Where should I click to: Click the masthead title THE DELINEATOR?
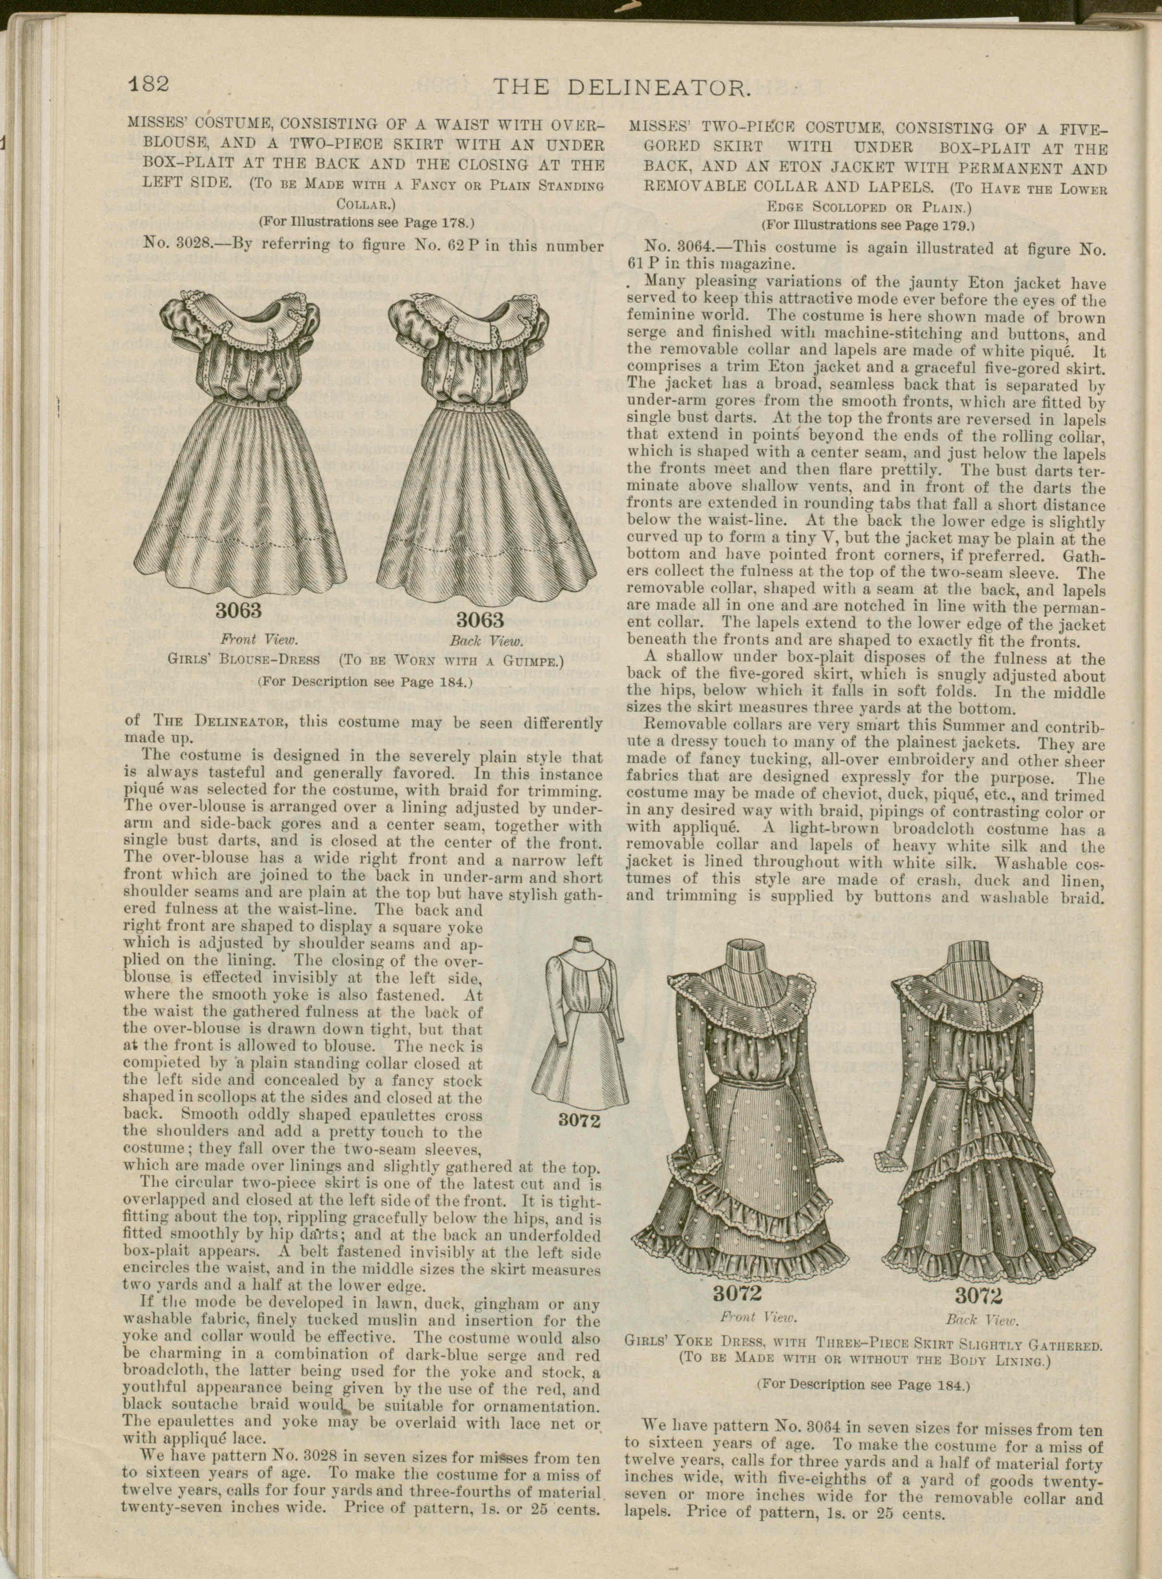(623, 88)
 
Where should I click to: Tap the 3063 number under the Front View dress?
(238, 609)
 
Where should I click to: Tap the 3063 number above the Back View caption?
(481, 619)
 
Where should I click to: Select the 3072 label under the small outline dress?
(579, 1120)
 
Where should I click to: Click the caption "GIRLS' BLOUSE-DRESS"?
(243, 660)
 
